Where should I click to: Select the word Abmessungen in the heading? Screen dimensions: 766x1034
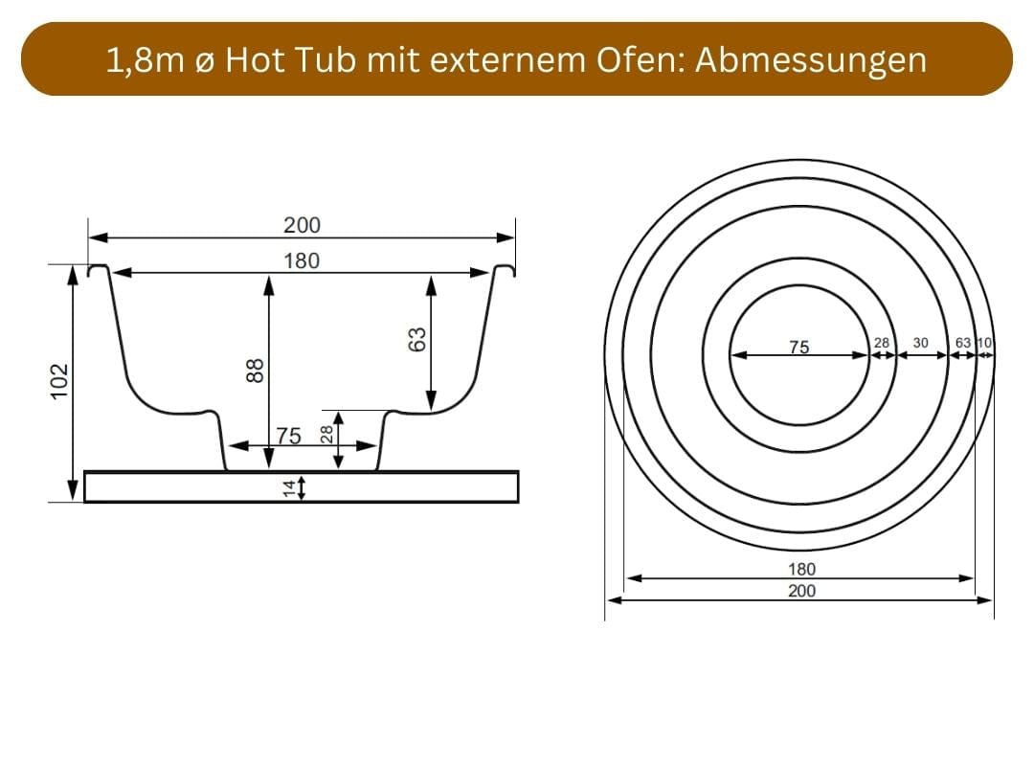(811, 59)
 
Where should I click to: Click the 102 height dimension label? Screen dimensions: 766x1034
(59, 381)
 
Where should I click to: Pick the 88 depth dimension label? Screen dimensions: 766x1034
(255, 370)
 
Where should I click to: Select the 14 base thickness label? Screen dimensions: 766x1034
(289, 488)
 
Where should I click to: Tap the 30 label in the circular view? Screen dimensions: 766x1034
(921, 343)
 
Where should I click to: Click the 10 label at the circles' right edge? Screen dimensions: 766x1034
(985, 343)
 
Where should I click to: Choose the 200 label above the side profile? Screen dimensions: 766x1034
(302, 226)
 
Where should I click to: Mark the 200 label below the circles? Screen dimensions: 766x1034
(801, 591)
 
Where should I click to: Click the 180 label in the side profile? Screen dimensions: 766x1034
(302, 260)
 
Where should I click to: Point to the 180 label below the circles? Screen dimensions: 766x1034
(801, 569)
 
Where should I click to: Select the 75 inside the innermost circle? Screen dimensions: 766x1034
(798, 348)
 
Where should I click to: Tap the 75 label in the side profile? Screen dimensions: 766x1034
(289, 437)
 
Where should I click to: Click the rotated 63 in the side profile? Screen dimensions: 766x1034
(416, 339)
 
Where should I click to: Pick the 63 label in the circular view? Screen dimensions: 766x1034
(963, 343)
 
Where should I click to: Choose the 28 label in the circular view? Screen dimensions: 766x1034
(883, 343)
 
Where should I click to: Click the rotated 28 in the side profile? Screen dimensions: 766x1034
(325, 433)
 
